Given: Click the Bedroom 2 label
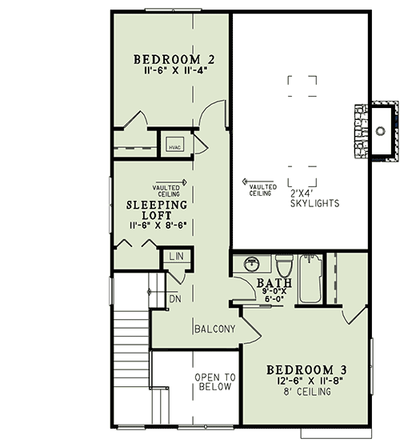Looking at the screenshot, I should click(x=173, y=59).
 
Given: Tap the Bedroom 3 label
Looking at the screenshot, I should click(x=306, y=369).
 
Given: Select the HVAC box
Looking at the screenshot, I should click(x=175, y=145).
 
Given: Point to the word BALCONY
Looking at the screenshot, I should click(x=214, y=329).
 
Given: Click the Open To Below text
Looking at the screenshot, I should click(x=215, y=381).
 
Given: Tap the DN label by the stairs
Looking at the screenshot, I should click(x=175, y=299).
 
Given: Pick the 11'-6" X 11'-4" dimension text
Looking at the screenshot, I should click(x=173, y=71).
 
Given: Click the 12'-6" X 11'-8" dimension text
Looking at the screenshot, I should click(x=306, y=382).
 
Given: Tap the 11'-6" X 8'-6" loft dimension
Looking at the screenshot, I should click(x=157, y=226).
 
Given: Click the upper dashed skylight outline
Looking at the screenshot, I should click(x=302, y=86).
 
